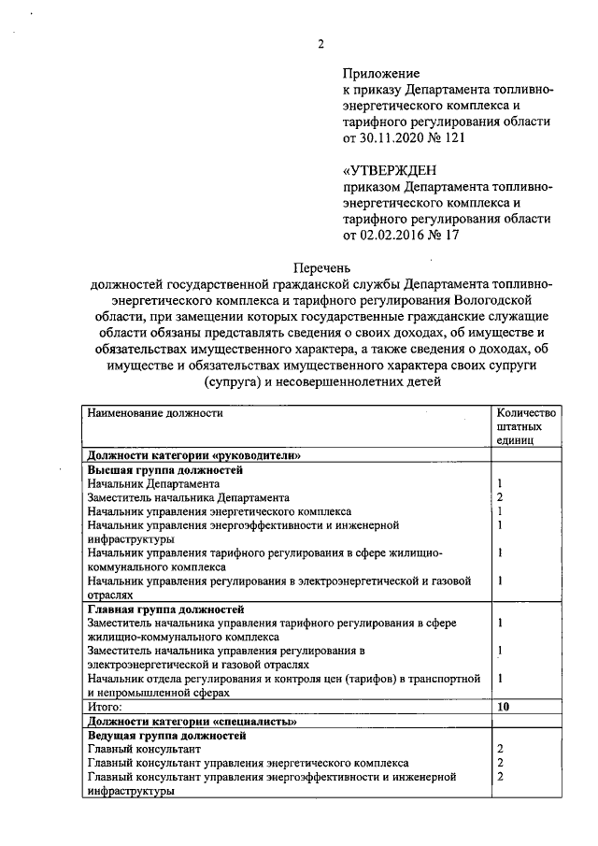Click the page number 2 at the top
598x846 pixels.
point(320,43)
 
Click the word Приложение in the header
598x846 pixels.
point(381,73)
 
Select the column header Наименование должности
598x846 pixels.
point(155,412)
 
